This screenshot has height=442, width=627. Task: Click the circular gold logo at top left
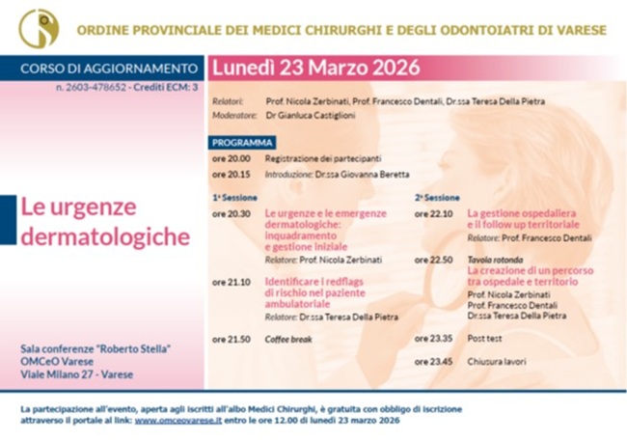point(39,28)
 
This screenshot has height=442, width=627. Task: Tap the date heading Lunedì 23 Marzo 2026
point(316,68)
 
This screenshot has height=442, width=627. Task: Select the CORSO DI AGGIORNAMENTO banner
point(104,69)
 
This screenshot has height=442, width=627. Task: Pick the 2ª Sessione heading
point(437,197)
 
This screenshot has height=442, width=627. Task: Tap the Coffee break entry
point(290,339)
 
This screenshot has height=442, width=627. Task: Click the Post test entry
point(484,339)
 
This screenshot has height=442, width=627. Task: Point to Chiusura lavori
point(496,361)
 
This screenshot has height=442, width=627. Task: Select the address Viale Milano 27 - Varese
point(76,375)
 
